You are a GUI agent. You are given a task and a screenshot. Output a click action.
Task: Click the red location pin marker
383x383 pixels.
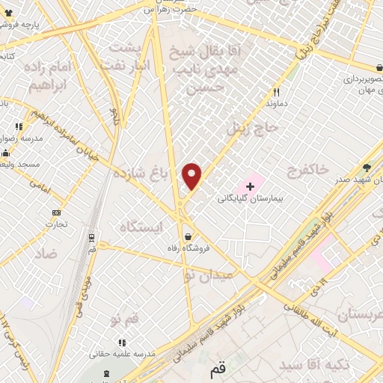[x=193, y=177]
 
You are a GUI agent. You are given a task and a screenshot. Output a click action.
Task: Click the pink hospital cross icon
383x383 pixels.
[x=249, y=185]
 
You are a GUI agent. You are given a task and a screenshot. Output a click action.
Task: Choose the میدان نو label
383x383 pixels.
[x=209, y=275]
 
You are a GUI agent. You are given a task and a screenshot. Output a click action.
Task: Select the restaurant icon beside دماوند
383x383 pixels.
[x=275, y=93]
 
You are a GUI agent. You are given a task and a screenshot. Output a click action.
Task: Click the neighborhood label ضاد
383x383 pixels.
[x=45, y=254]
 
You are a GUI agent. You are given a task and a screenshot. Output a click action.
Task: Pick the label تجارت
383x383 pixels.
[x=56, y=223]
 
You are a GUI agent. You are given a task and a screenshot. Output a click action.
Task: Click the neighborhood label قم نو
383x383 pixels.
[x=125, y=319]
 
